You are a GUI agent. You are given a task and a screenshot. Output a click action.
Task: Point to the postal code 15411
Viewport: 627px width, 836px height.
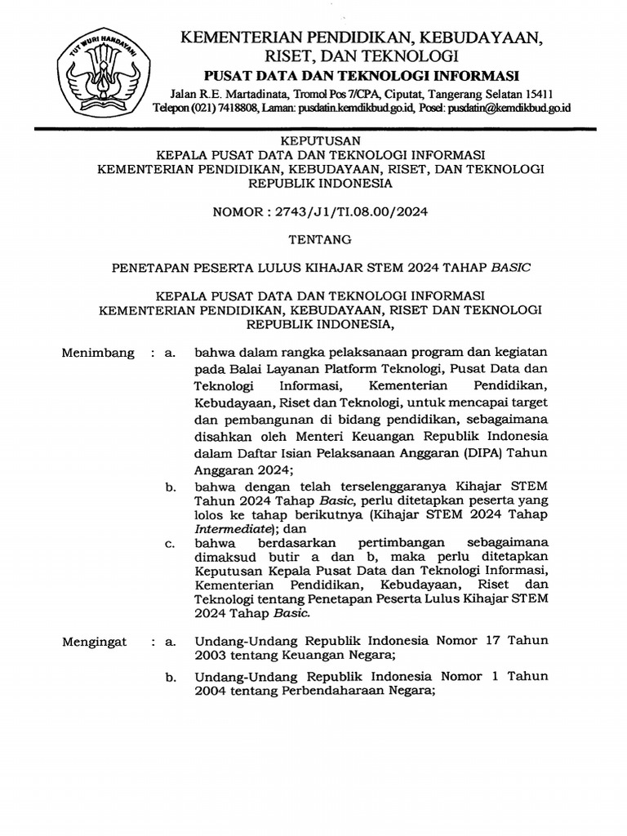pos(537,92)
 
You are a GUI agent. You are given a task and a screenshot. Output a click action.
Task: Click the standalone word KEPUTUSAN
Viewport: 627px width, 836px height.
pos(313,140)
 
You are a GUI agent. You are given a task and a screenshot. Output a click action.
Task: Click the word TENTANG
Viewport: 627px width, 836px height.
pos(314,239)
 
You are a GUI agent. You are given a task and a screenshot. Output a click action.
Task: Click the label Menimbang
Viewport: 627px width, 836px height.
pos(97,354)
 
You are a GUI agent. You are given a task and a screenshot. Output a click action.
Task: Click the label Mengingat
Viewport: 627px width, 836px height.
pos(95,642)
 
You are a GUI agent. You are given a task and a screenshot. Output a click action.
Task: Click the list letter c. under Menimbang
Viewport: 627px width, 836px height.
pos(170,543)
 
